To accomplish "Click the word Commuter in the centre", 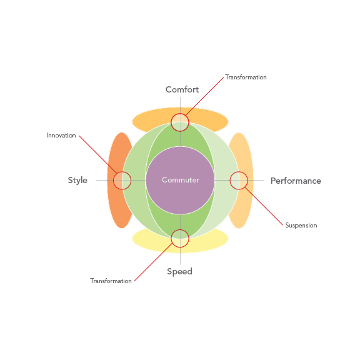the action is point(181,180).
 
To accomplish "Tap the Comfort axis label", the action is point(182,89).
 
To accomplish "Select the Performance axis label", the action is point(296,181).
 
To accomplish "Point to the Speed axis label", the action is point(179,272).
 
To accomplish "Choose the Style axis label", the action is point(77,181).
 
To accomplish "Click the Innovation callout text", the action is point(61,136).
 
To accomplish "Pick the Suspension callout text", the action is point(301,226).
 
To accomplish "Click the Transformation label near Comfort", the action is point(246,77).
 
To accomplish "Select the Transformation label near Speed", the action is point(111,281).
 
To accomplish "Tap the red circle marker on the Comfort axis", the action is point(180,113).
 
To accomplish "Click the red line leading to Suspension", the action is point(264,206).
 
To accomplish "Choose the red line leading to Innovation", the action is point(98,154).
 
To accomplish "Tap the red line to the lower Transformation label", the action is point(153,262).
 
